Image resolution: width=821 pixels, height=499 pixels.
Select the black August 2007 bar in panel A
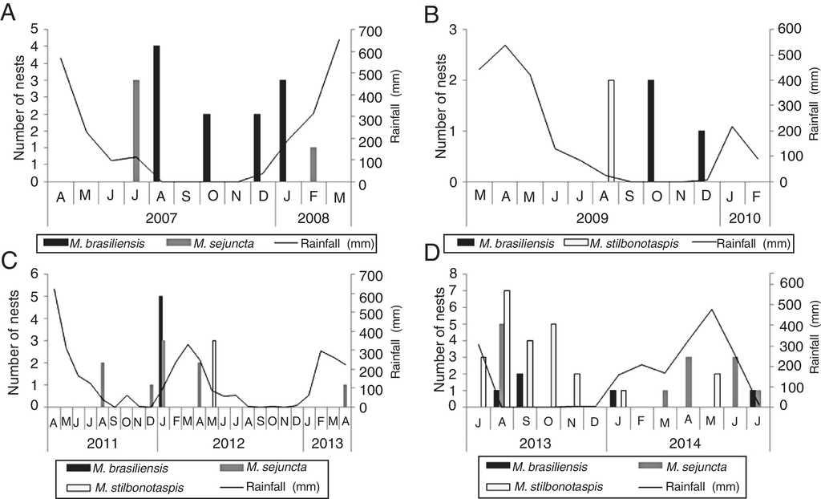[157, 113]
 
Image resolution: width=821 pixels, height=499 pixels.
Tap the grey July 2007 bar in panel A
[136, 131]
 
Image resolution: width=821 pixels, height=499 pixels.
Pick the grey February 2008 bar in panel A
[313, 164]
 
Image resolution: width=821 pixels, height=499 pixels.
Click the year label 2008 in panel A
[313, 217]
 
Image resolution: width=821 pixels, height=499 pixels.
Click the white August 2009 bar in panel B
[611, 131]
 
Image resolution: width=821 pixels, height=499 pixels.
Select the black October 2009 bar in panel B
[651, 131]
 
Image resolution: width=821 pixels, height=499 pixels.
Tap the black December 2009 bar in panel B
[702, 156]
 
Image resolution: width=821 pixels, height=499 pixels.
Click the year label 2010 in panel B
[745, 217]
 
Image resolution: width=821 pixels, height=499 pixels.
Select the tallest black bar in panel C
[160, 351]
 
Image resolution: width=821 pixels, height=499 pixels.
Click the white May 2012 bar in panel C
[214, 373]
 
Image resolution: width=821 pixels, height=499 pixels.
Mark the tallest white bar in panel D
[507, 348]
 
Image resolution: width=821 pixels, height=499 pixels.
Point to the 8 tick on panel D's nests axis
[440, 274]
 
